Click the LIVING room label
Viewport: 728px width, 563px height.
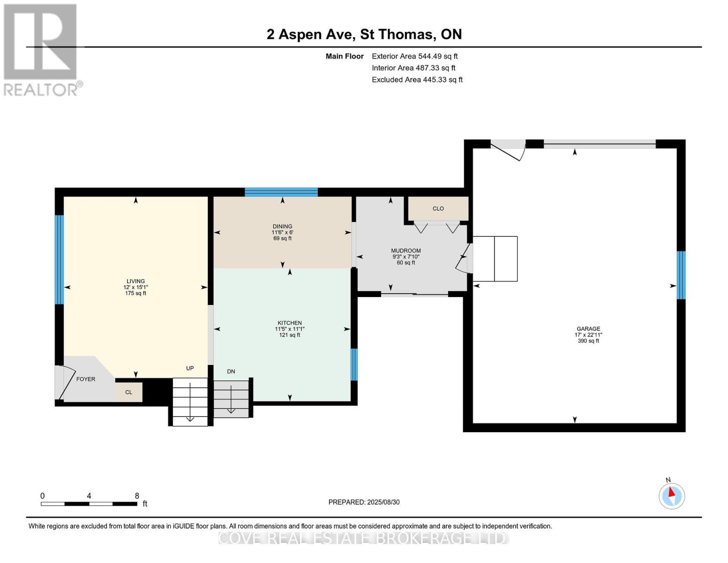pyautogui.click(x=135, y=281)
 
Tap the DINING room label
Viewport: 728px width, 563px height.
pyautogui.click(x=282, y=226)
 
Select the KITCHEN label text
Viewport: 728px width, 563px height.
pyautogui.click(x=289, y=323)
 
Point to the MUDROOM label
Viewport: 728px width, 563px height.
pyautogui.click(x=405, y=251)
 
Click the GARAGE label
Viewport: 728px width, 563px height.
pyautogui.click(x=588, y=328)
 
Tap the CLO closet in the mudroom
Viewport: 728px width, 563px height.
pyautogui.click(x=438, y=209)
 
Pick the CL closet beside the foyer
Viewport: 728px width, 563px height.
pyautogui.click(x=129, y=392)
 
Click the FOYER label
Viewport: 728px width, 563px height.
pyautogui.click(x=86, y=379)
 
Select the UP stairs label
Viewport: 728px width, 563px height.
pyautogui.click(x=190, y=368)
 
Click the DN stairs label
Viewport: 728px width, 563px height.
pyautogui.click(x=231, y=371)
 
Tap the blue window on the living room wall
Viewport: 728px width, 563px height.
pyautogui.click(x=59, y=259)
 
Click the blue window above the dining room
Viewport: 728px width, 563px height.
pyautogui.click(x=281, y=192)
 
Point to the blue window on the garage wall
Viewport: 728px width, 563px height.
pyautogui.click(x=681, y=275)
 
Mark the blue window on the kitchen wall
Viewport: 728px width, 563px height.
pyautogui.click(x=354, y=365)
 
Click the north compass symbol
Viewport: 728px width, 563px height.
pyautogui.click(x=672, y=496)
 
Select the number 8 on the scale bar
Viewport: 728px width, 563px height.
pyautogui.click(x=137, y=495)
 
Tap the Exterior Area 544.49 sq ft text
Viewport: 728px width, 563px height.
pyautogui.click(x=414, y=56)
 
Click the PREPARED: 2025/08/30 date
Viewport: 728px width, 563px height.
pyautogui.click(x=364, y=502)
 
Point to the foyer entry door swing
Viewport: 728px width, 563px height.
pyautogui.click(x=67, y=382)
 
